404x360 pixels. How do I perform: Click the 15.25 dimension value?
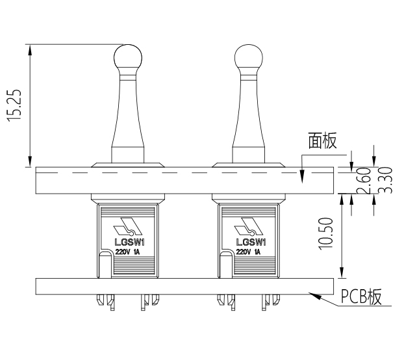click(18, 103)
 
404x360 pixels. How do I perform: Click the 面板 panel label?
click(323, 140)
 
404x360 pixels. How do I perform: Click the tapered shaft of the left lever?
click(127, 117)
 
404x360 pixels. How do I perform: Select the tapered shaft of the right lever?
click(247, 117)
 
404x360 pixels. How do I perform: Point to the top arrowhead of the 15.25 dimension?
click(29, 47)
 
